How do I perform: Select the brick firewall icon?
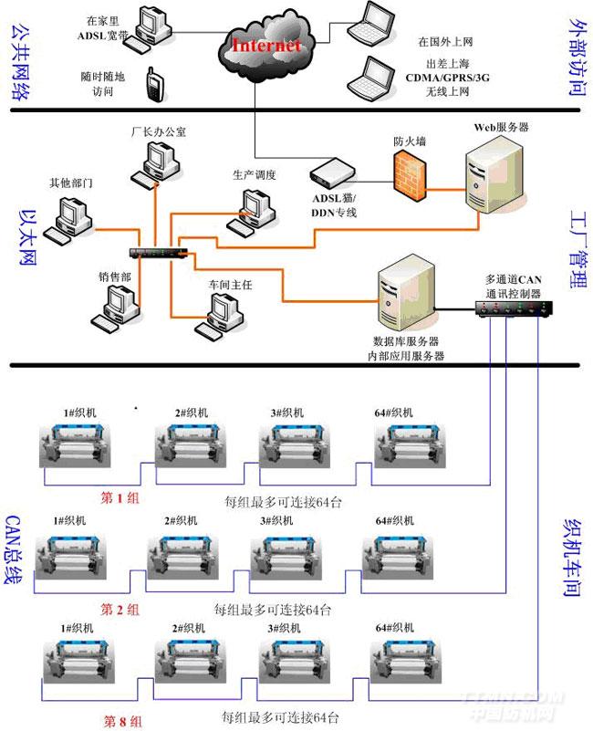408,172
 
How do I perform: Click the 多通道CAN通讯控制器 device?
513,308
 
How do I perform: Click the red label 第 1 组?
120,497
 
